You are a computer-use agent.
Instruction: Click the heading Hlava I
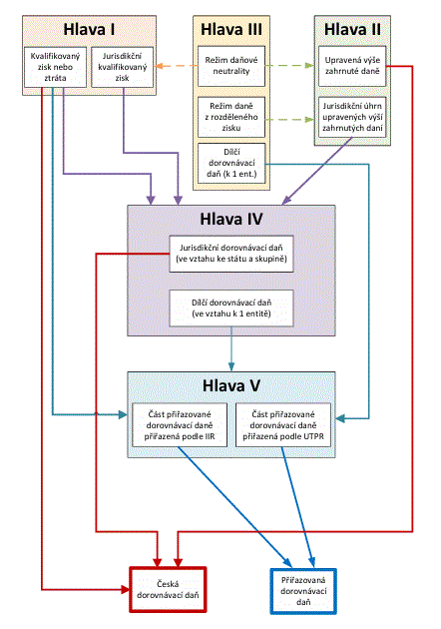coord(89,29)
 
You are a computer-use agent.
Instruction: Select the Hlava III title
coord(231,29)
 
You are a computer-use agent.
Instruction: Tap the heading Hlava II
coord(352,29)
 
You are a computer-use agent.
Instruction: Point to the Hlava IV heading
coord(231,219)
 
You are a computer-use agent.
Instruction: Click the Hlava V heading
coord(231,385)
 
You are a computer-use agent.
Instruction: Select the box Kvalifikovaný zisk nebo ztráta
coord(55,67)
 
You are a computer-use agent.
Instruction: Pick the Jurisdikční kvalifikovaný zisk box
coord(123,67)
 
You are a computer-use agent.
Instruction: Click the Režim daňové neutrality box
coord(231,66)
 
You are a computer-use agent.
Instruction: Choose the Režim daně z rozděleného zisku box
coord(231,117)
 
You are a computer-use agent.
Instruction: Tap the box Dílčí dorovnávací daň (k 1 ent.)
coord(231,163)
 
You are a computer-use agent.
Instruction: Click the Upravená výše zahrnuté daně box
coord(352,66)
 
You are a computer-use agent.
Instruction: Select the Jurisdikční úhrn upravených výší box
coord(352,117)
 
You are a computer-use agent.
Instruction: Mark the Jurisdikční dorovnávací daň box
coord(231,254)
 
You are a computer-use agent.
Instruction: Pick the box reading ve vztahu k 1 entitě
coord(231,309)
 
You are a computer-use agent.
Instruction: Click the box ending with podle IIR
coord(180,424)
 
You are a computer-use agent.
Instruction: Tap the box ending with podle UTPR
coord(283,424)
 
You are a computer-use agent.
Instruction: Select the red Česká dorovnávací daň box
coord(168,590)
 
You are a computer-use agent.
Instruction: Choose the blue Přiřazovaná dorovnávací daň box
coord(303,591)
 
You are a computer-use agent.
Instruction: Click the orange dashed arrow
coord(176,66)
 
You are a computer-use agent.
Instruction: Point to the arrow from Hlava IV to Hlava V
coord(231,349)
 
